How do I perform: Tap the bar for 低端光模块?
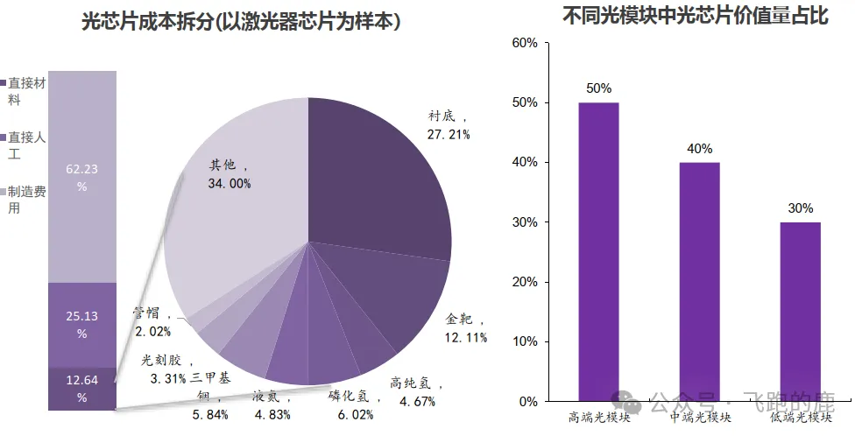(x=801, y=312)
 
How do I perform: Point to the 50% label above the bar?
(x=599, y=88)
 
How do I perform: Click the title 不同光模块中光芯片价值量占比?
(x=696, y=16)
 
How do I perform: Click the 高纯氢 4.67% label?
(x=417, y=393)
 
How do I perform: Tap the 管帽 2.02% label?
(x=152, y=321)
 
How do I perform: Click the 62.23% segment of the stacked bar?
(x=81, y=175)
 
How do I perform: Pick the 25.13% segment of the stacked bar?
(x=81, y=324)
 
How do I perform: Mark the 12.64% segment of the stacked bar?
(x=81, y=388)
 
